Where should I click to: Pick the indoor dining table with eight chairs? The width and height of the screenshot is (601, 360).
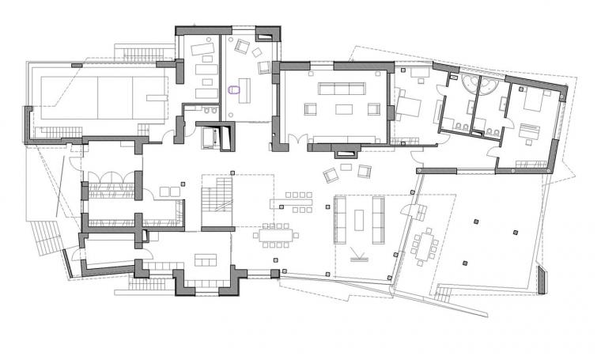click(276, 235)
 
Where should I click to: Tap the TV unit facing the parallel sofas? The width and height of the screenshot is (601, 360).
click(358, 258)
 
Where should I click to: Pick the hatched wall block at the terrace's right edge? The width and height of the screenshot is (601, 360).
click(543, 279)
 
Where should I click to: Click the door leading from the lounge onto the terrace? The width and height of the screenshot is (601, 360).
click(412, 211)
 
